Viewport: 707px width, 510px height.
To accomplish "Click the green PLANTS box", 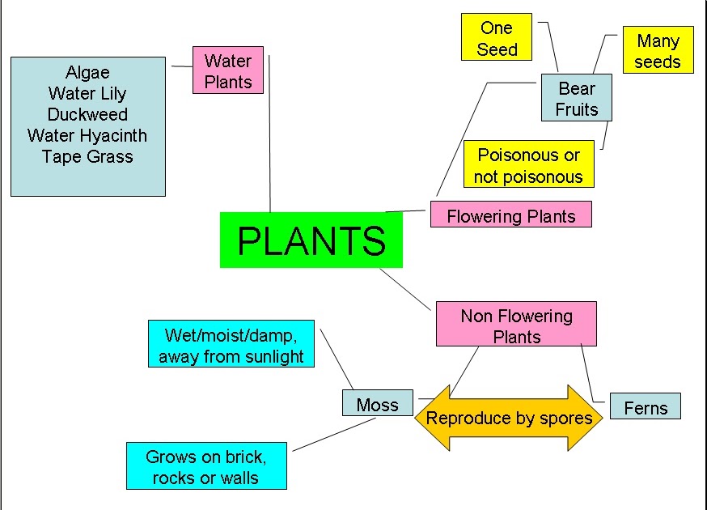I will click(311, 240).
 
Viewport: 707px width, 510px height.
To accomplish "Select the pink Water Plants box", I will click(228, 70).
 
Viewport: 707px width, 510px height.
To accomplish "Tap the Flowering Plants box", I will click(510, 215).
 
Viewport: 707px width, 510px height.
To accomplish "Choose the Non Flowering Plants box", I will click(516, 325).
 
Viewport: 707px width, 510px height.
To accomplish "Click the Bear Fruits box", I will click(576, 99).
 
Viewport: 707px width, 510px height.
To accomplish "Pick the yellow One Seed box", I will click(496, 38).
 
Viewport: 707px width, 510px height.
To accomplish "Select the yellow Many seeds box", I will click(658, 50).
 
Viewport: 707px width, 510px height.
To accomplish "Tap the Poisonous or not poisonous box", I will click(528, 165).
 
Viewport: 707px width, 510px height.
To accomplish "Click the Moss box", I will click(378, 405).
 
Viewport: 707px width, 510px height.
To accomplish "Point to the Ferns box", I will click(646, 407).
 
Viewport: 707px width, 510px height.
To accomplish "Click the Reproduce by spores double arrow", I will click(509, 418).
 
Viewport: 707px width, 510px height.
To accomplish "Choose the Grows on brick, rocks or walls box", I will click(206, 466).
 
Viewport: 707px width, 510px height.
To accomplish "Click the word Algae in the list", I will click(87, 72).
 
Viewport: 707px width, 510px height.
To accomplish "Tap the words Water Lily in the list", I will click(87, 93).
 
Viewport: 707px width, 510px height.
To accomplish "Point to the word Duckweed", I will click(87, 114).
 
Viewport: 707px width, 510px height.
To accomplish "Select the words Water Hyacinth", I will click(87, 135).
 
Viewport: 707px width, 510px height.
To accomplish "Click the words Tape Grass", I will click(87, 156).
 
